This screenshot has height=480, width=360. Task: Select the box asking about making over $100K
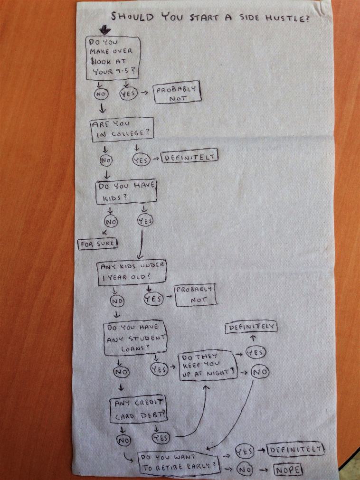coord(112,58)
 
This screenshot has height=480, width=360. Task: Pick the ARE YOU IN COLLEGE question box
coord(122,129)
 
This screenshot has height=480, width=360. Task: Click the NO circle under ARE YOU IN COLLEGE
coord(105,160)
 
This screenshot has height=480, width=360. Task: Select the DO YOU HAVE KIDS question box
coord(125,191)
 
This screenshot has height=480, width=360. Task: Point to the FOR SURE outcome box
coord(97,244)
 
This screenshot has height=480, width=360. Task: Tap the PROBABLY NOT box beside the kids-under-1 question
coord(195,294)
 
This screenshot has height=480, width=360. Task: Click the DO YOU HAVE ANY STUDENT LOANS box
coord(134,339)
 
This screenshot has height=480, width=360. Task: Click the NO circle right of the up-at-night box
coord(259,372)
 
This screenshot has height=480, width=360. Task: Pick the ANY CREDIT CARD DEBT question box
coord(138,410)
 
